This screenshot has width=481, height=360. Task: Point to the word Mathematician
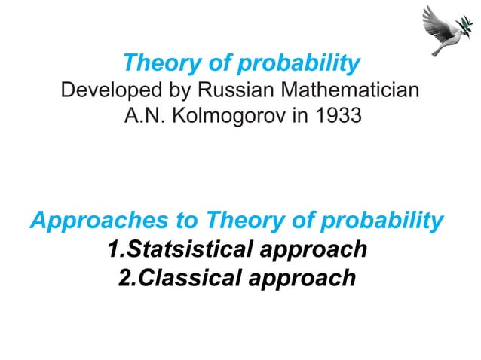pos(351,92)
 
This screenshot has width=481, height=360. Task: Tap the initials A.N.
pos(139,118)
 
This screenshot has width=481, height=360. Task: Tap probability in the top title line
pos(294,63)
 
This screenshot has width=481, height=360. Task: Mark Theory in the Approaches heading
pos(243,221)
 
